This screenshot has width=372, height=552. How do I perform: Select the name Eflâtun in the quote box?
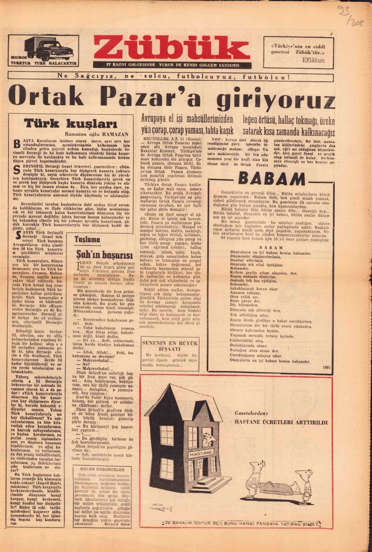[x=313, y=60]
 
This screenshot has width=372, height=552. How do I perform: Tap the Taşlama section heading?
[x=87, y=240]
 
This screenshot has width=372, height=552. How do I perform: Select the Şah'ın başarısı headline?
[x=99, y=254]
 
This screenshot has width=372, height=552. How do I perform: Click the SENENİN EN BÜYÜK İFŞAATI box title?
[x=170, y=346]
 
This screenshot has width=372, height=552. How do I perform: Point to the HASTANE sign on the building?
[x=201, y=452]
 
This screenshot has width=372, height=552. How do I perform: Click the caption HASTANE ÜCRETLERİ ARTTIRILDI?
[x=281, y=422]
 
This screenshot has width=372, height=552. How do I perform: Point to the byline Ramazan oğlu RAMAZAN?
[x=96, y=134]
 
